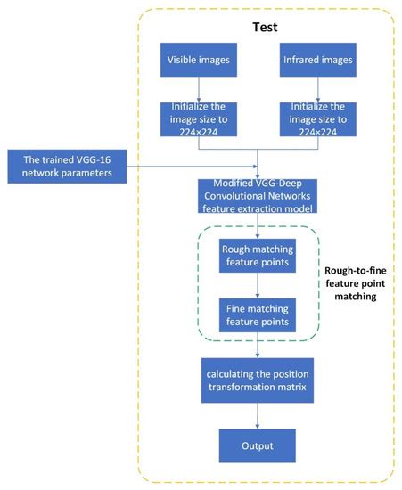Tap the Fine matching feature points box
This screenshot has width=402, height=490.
tap(257, 314)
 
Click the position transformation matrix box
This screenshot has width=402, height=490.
tap(257, 380)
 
